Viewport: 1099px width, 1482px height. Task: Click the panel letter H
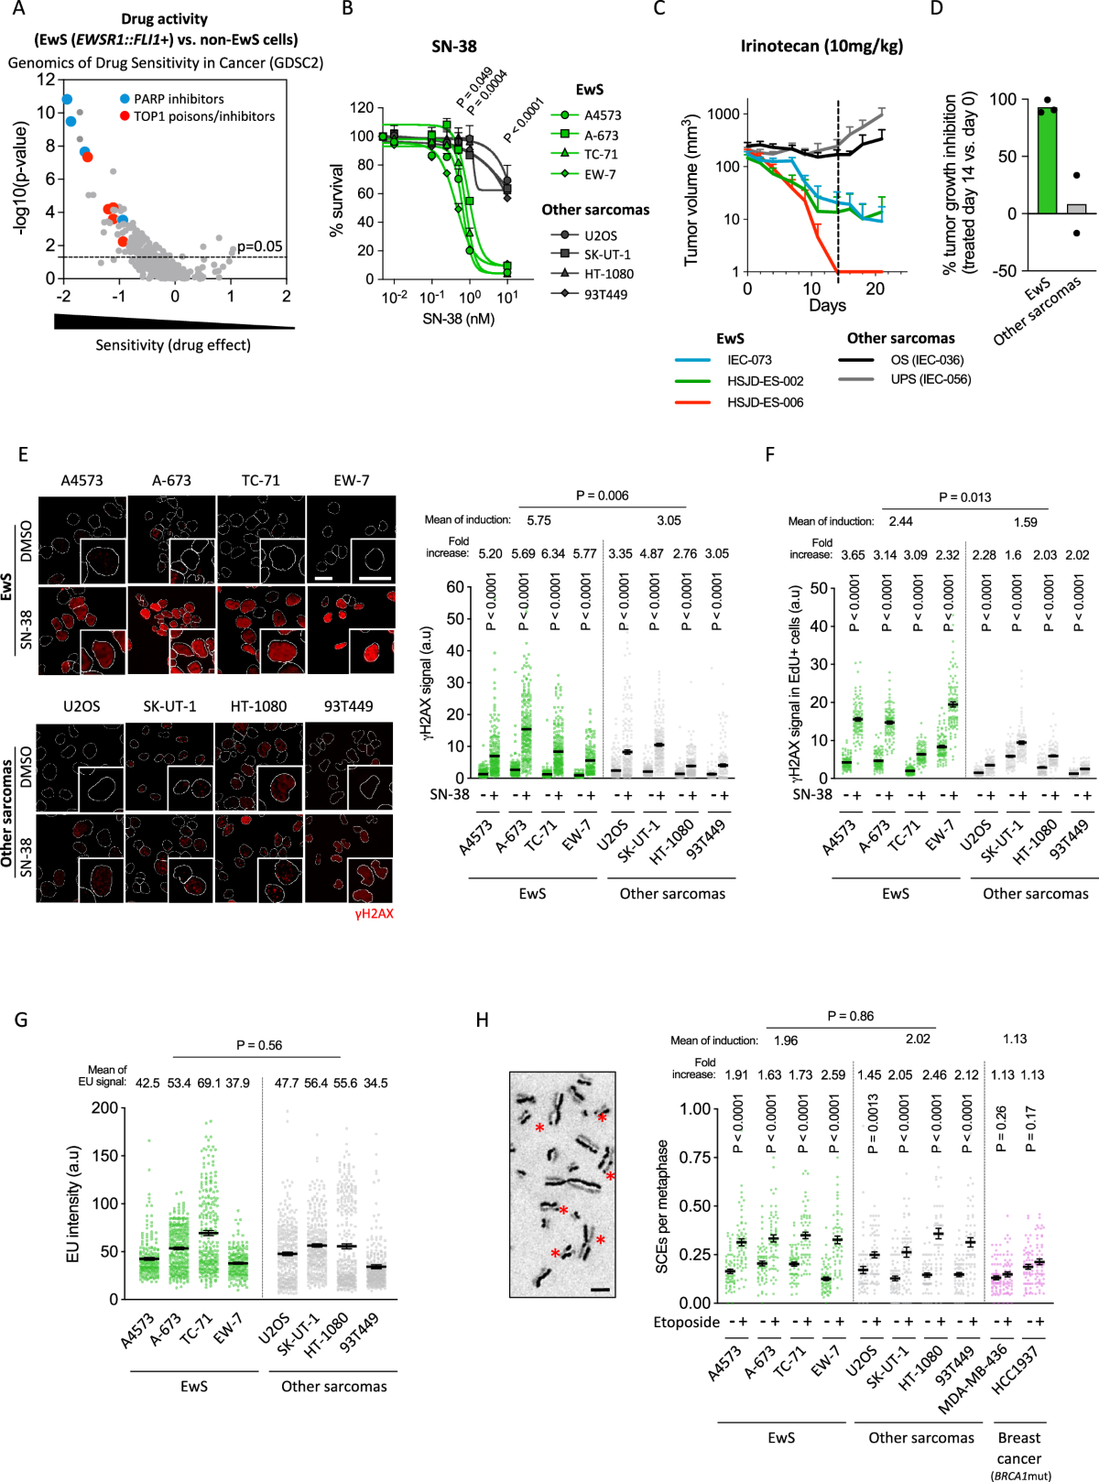click(x=483, y=1019)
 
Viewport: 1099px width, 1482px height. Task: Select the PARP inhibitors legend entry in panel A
click(x=178, y=99)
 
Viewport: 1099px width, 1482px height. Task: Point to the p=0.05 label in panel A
click(x=260, y=246)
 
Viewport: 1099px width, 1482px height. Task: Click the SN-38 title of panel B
click(x=454, y=46)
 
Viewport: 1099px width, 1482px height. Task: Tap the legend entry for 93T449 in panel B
click(x=604, y=294)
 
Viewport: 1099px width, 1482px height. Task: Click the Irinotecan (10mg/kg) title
click(x=822, y=46)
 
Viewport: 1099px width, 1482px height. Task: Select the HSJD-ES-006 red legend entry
click(x=765, y=402)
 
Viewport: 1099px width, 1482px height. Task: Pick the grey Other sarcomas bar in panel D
click(x=1076, y=209)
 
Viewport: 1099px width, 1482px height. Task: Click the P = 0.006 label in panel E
click(x=602, y=496)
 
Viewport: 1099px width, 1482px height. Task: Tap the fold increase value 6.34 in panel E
click(x=553, y=553)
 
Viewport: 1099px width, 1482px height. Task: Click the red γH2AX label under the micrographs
click(x=374, y=913)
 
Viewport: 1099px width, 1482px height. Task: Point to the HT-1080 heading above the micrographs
click(x=258, y=706)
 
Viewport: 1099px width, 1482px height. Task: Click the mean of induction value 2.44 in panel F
click(x=900, y=521)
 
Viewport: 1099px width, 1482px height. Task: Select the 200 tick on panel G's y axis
click(x=105, y=1107)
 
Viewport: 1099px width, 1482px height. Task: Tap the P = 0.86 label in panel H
click(x=850, y=1016)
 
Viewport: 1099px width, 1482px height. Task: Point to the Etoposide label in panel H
click(x=686, y=1322)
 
